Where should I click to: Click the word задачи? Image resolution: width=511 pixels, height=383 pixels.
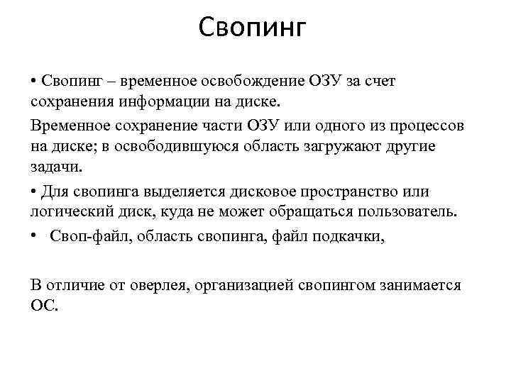[x=56, y=165]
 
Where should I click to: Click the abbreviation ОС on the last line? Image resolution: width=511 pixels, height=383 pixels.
[x=43, y=304]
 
